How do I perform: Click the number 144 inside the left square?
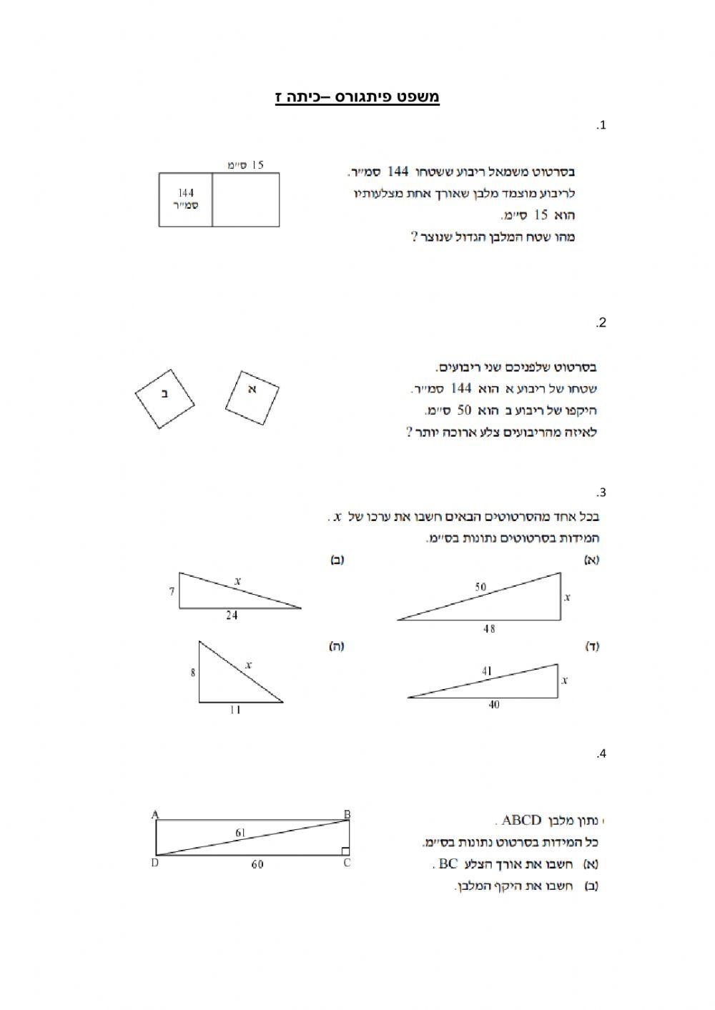click(x=185, y=192)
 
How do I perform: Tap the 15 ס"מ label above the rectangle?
click(x=246, y=165)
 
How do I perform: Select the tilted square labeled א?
click(x=252, y=397)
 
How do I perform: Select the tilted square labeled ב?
click(x=165, y=399)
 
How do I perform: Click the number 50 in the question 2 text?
click(x=465, y=410)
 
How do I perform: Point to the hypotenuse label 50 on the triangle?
click(x=480, y=588)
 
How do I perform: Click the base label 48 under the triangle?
click(x=489, y=629)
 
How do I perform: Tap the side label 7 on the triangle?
click(x=172, y=591)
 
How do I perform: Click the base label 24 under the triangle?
click(x=232, y=615)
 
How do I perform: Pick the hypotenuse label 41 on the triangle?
click(x=487, y=671)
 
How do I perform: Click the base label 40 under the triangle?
click(x=494, y=705)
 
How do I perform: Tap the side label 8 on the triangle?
click(x=192, y=672)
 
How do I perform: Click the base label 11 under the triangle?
click(x=235, y=710)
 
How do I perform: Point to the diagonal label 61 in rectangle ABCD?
click(x=240, y=832)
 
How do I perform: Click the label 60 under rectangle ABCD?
click(x=257, y=864)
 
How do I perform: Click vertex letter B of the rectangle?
click(x=347, y=813)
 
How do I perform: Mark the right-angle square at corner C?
click(x=345, y=851)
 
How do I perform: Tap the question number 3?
click(x=602, y=492)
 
